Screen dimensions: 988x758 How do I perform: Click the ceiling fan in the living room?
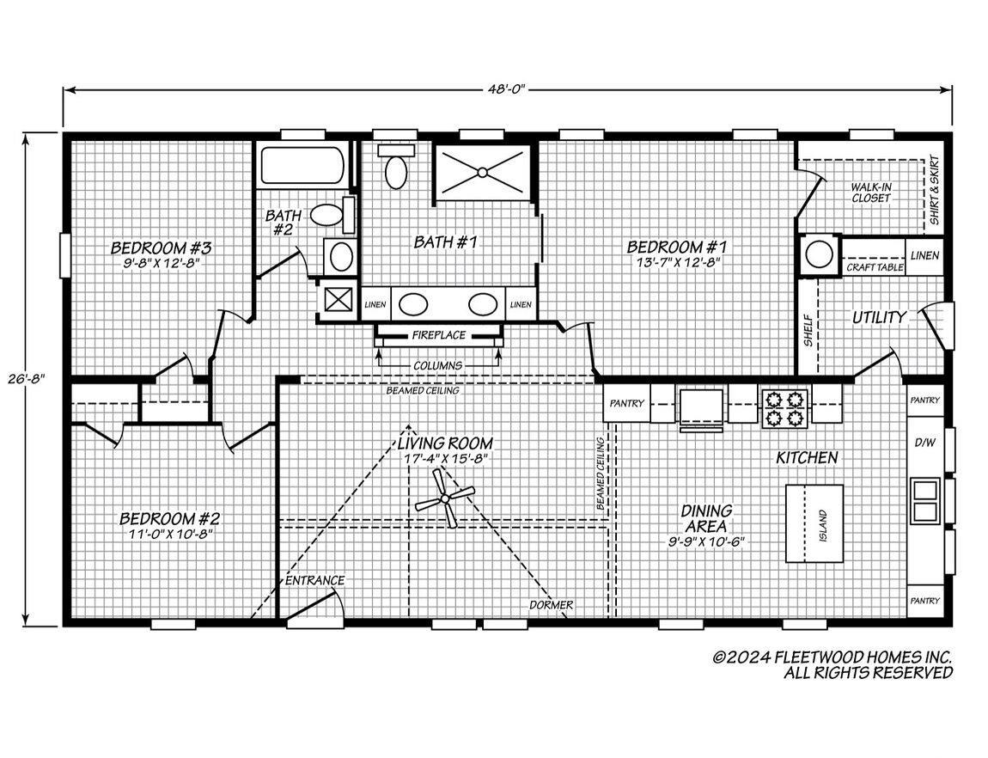(446, 498)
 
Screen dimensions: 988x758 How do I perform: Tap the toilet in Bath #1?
(396, 167)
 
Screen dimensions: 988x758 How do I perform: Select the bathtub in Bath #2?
(302, 165)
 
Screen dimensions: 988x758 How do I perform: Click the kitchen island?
(814, 523)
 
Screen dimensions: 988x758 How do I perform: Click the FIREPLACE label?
(438, 335)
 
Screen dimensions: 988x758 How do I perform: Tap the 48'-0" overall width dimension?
(505, 89)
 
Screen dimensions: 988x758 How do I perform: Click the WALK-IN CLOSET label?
(871, 193)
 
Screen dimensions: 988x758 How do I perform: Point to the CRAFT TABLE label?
(875, 267)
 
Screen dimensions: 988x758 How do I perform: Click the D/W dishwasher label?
(924, 443)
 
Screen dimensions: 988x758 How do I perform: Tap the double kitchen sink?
(925, 499)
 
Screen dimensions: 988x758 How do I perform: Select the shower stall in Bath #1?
(482, 171)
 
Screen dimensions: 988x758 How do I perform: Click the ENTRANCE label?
(315, 580)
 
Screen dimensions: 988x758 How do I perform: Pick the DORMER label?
(551, 605)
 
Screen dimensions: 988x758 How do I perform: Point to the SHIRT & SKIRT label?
(934, 190)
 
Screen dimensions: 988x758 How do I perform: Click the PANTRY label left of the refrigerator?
(627, 403)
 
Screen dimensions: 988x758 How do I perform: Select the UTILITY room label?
(879, 318)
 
